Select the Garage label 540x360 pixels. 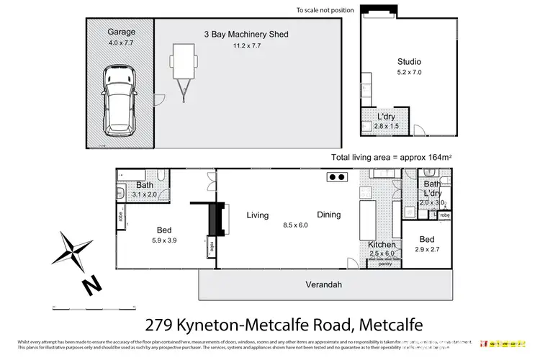[x=121, y=32]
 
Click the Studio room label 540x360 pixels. [x=409, y=62]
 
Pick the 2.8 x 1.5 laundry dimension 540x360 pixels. [x=387, y=127]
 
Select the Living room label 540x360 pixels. [x=257, y=215]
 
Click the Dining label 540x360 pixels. [x=328, y=215]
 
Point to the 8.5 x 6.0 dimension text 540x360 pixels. [x=294, y=225]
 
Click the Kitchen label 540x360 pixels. [x=382, y=245]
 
